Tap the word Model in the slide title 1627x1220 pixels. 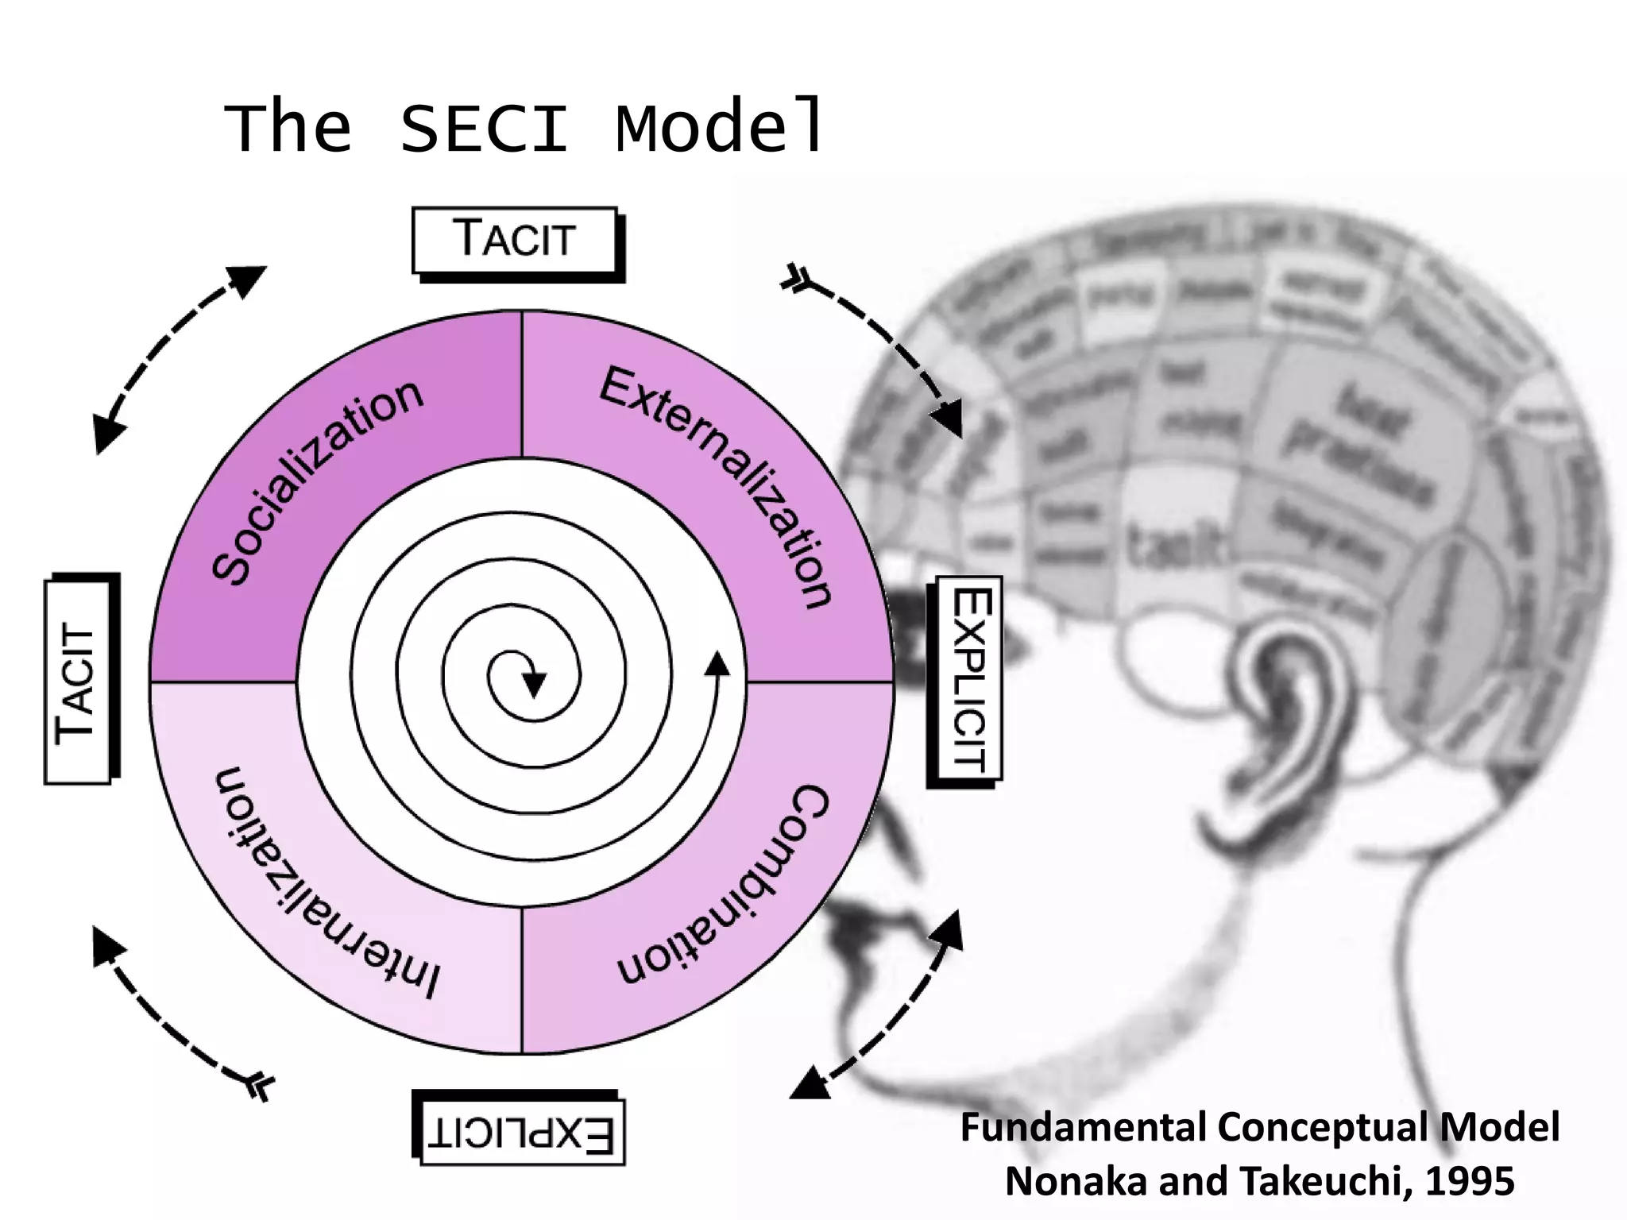[719, 127]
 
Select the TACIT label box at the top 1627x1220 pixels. [515, 240]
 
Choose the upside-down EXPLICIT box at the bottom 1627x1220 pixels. [521, 1133]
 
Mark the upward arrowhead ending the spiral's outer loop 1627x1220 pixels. [717, 664]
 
